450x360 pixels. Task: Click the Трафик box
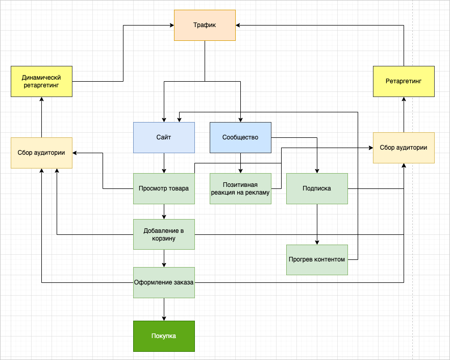pyautogui.click(x=205, y=25)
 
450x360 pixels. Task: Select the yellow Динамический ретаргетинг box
pyautogui.click(x=41, y=81)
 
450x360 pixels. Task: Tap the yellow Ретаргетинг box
pyautogui.click(x=404, y=81)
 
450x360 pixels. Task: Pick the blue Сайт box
pyautogui.click(x=164, y=137)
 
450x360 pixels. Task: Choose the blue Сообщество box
pyautogui.click(x=240, y=137)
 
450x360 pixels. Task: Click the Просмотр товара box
pyautogui.click(x=164, y=188)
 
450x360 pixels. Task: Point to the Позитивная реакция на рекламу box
pyautogui.click(x=240, y=188)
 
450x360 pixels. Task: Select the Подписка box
pyautogui.click(x=317, y=188)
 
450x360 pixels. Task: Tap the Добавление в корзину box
pyautogui.click(x=164, y=234)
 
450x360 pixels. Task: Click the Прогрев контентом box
pyautogui.click(x=317, y=259)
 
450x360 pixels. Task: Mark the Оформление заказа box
pyautogui.click(x=164, y=282)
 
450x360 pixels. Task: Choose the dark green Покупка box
pyautogui.click(x=164, y=336)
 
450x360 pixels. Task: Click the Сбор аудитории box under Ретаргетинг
pyautogui.click(x=404, y=148)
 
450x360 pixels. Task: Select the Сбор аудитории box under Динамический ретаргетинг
pyautogui.click(x=41, y=153)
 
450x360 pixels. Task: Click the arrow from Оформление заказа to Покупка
pyautogui.click(x=164, y=309)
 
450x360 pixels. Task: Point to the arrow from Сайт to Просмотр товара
pyautogui.click(x=164, y=163)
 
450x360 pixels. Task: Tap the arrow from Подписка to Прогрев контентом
pyautogui.click(x=317, y=225)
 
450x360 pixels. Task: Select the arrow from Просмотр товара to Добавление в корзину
pyautogui.click(x=164, y=211)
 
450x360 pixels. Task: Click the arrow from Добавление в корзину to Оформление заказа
pyautogui.click(x=164, y=258)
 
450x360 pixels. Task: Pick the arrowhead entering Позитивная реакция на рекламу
pyautogui.click(x=240, y=171)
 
